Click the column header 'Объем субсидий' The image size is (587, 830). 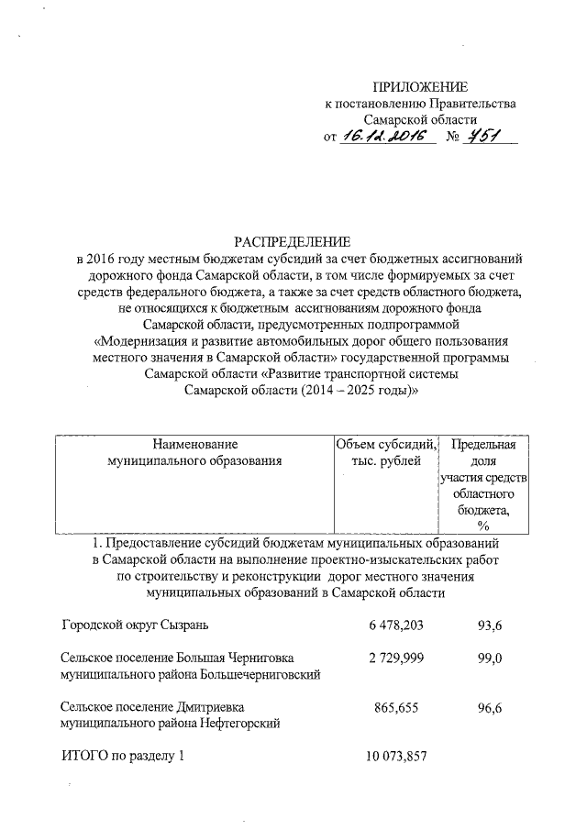pos(386,444)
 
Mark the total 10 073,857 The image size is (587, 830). pos(397,758)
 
